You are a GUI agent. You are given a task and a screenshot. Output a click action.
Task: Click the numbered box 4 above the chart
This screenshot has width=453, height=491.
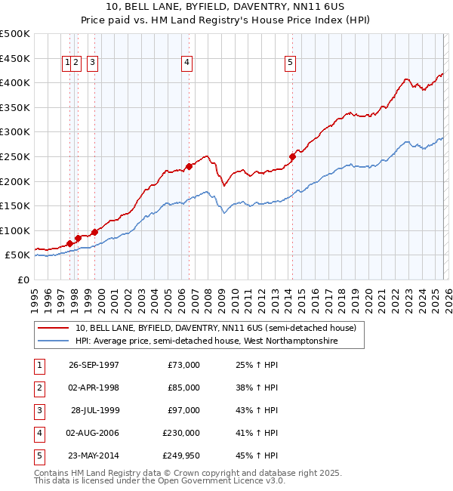coord(186,63)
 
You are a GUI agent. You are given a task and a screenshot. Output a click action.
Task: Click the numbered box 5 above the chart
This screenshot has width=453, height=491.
coord(291,63)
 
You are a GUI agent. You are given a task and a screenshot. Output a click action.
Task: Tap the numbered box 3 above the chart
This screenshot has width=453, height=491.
coord(92,63)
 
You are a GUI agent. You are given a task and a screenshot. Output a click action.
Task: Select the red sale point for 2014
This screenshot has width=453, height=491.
coord(292,156)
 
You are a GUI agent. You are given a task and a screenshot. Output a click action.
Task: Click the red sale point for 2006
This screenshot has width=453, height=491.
coord(189,166)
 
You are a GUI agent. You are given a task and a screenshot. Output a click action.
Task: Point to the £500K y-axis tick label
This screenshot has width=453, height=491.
coord(15,34)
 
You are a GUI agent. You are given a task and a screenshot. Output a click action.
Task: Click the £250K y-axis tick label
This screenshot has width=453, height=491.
coord(15,156)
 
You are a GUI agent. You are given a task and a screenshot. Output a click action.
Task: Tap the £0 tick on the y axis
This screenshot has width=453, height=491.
coord(24,279)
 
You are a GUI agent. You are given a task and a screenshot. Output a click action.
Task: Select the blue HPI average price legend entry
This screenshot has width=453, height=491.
coord(206,341)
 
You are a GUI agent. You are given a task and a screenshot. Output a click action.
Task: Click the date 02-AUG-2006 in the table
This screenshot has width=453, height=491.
coord(93,433)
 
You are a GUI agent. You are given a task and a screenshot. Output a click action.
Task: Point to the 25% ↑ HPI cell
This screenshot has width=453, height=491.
coord(257,365)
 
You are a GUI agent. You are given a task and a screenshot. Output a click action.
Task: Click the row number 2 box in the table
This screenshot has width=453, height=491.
coord(39,388)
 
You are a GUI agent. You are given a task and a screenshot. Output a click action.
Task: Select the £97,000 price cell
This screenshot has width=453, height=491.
coord(184,410)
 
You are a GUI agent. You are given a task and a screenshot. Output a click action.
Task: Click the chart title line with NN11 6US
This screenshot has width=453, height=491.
coord(226,8)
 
